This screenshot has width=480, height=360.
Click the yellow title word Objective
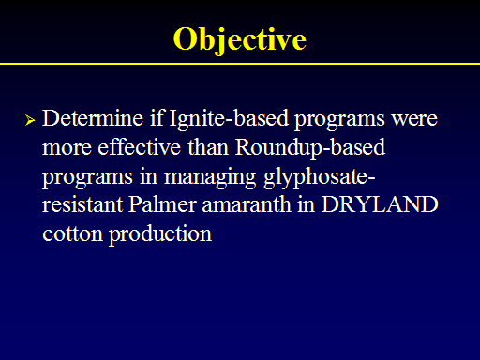pos(240,40)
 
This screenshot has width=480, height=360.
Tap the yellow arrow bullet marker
pos(30,120)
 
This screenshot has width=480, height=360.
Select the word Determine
pos(93,118)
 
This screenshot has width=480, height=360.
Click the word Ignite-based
pos(229,119)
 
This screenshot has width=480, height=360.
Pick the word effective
pos(139,147)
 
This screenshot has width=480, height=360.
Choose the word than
pos(208,147)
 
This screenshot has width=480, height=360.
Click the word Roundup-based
pos(310,148)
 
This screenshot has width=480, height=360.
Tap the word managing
pos(210,177)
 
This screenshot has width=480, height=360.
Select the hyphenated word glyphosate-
pos(320,177)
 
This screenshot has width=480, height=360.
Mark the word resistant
pos(82,205)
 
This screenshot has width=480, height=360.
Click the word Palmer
pos(162,204)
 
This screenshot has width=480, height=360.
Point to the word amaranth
pos(247,204)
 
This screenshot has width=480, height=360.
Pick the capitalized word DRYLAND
pos(380,204)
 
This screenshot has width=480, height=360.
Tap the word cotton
pos(72,233)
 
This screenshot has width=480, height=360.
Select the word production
pos(160,234)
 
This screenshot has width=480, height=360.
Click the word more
pos(67,148)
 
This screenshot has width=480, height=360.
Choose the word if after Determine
pos(157,118)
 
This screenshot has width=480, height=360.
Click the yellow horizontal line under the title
pos(240,64)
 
